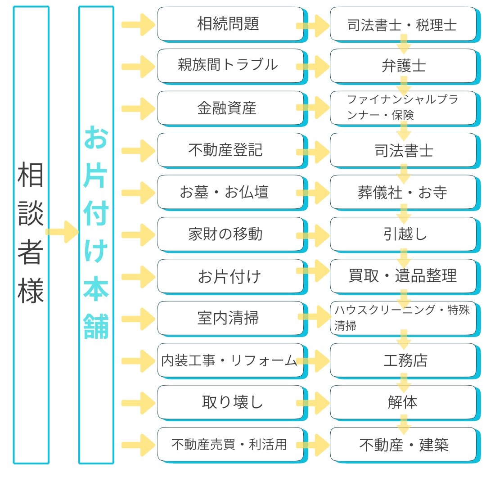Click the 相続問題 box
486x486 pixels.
(230, 24)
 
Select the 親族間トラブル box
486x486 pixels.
(230, 66)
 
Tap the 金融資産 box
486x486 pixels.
(230, 108)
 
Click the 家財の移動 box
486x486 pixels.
(230, 234)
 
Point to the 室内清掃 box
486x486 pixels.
(230, 318)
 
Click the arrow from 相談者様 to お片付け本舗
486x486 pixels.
(63, 232)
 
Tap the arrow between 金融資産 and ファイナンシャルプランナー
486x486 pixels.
(313, 108)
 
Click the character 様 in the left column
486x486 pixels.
(31, 290)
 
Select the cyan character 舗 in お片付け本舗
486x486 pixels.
(96, 326)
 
